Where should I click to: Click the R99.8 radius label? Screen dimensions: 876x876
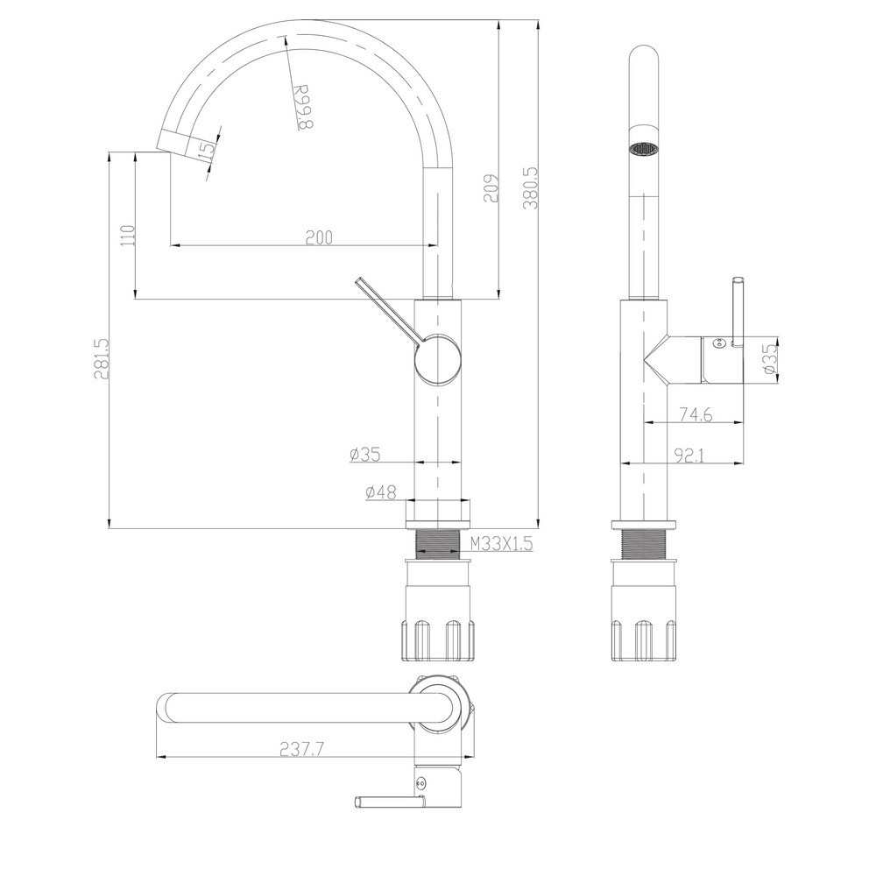[x=303, y=107]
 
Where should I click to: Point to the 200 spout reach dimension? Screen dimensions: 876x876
[x=319, y=237]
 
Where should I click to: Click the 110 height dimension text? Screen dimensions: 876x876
[x=128, y=236]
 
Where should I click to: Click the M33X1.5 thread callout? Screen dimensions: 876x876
[x=501, y=544]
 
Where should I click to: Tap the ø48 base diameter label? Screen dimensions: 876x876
[x=381, y=492]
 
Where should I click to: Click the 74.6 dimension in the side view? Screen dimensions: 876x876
[x=695, y=414]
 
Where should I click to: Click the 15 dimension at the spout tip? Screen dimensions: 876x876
[x=206, y=150]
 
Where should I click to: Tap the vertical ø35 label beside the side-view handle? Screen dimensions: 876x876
[x=769, y=358]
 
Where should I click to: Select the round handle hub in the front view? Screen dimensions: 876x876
[x=438, y=359]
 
